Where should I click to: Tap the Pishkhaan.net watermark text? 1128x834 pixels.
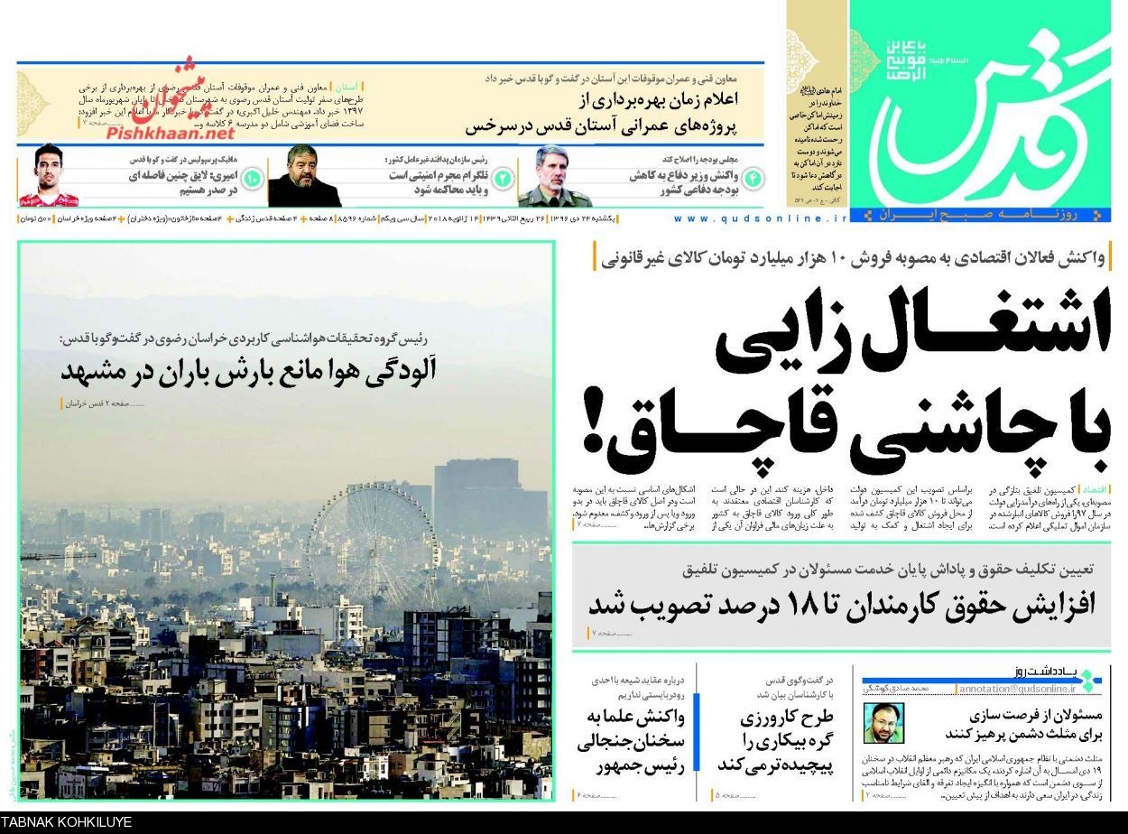171,133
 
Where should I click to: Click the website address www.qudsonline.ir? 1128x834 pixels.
762,218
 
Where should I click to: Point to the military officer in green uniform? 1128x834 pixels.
554,177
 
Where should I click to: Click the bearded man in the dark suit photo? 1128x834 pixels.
304,177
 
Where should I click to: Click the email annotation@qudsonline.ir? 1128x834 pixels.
1016,689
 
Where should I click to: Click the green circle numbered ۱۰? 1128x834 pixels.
252,177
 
